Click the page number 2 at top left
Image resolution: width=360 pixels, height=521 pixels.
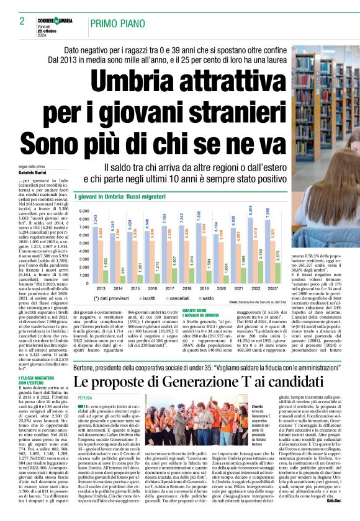point(21,21)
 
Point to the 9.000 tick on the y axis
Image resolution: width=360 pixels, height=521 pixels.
point(82,212)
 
